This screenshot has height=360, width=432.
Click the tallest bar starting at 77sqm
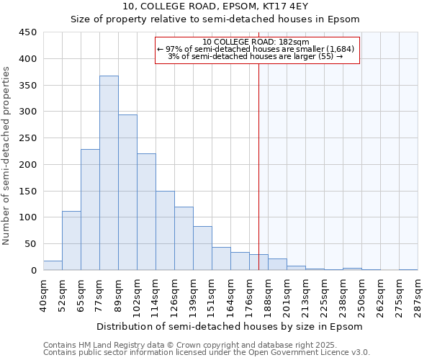pos(109,173)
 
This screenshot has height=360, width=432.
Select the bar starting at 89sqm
pos(127,192)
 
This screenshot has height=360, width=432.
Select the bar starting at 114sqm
pos(165,230)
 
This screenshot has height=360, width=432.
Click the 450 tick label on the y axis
pos(28,32)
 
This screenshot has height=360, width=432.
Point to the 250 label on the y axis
pos(28,138)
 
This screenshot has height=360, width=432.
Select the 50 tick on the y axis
pos(31,244)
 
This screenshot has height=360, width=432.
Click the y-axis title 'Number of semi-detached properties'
pos(7,155)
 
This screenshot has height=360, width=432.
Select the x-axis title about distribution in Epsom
pos(230,326)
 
